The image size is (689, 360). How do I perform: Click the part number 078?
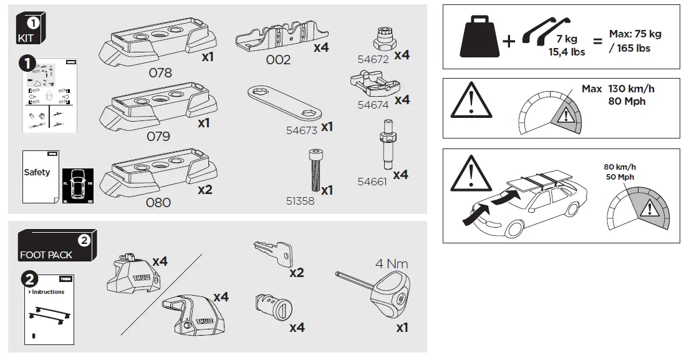coord(160,72)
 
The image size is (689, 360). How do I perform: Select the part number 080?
coord(158,202)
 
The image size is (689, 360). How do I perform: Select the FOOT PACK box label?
coord(46,255)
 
